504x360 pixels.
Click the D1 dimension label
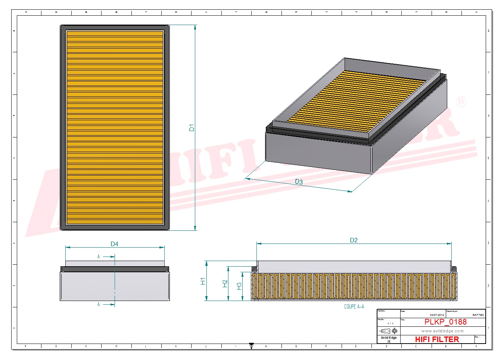[x=192, y=128]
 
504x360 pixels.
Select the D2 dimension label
[x=354, y=240]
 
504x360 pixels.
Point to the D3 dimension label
[x=299, y=182]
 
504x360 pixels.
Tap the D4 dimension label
[x=114, y=244]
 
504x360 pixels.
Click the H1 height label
[x=203, y=281]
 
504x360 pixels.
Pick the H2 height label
[x=225, y=284]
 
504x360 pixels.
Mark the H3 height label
[x=239, y=286]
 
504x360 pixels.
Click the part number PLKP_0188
[x=445, y=322]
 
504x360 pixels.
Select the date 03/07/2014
[x=437, y=315]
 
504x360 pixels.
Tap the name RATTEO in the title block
[x=478, y=315]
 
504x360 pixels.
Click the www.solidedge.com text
[x=442, y=331]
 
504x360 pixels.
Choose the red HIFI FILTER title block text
[x=437, y=339]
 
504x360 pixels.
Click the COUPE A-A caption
[x=354, y=307]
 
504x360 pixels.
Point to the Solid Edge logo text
[x=389, y=338]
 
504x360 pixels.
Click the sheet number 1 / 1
[x=390, y=323]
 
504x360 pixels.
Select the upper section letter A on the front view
[x=99, y=257]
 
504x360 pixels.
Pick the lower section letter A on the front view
[x=99, y=304]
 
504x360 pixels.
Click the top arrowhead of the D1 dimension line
[x=195, y=27]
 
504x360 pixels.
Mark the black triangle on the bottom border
[x=251, y=346]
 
